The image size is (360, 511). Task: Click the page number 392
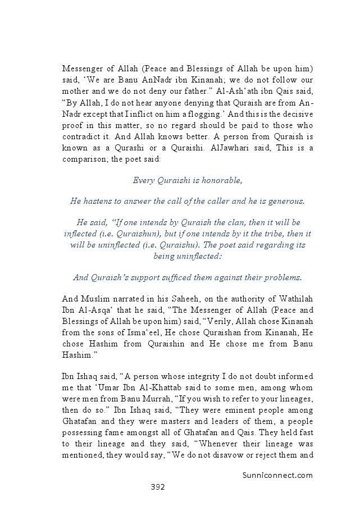tap(157, 487)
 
